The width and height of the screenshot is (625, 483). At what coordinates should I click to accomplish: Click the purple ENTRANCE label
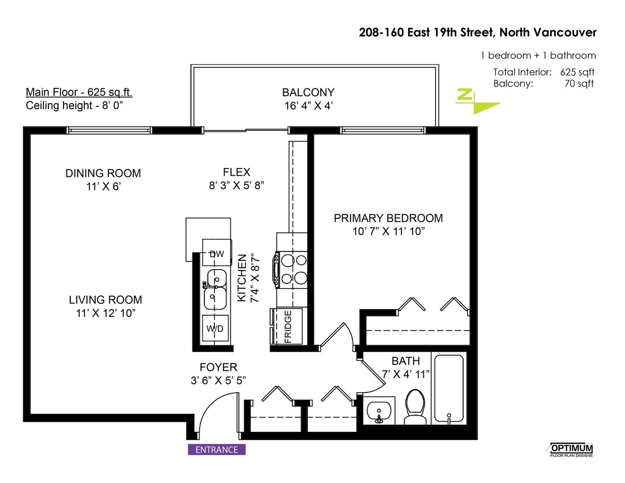217,449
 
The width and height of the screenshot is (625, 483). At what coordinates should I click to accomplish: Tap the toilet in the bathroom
415,407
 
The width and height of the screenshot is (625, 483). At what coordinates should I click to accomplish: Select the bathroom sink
379,411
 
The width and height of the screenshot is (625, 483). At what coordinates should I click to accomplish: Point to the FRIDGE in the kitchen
287,326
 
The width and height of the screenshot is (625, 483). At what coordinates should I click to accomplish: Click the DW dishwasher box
217,252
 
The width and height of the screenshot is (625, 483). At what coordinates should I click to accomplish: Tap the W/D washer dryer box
215,328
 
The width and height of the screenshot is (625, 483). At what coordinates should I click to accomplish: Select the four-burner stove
290,270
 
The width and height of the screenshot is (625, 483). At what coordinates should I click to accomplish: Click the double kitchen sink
215,289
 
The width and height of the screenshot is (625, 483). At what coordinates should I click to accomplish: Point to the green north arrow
477,101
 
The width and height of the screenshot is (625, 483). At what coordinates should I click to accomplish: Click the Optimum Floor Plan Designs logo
569,450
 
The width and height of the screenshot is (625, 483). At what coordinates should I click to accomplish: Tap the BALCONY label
308,93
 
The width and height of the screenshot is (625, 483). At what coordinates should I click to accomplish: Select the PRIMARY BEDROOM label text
388,218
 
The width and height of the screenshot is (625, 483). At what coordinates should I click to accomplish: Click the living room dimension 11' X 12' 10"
105,313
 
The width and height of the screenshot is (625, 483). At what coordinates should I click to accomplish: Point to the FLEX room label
236,172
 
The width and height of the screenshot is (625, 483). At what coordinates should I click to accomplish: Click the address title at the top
478,33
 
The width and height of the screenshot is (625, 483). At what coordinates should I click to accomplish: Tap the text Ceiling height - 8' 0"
74,105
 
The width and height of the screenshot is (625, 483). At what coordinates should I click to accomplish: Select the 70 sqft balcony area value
579,84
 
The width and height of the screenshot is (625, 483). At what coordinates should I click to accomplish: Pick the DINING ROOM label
103,173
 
